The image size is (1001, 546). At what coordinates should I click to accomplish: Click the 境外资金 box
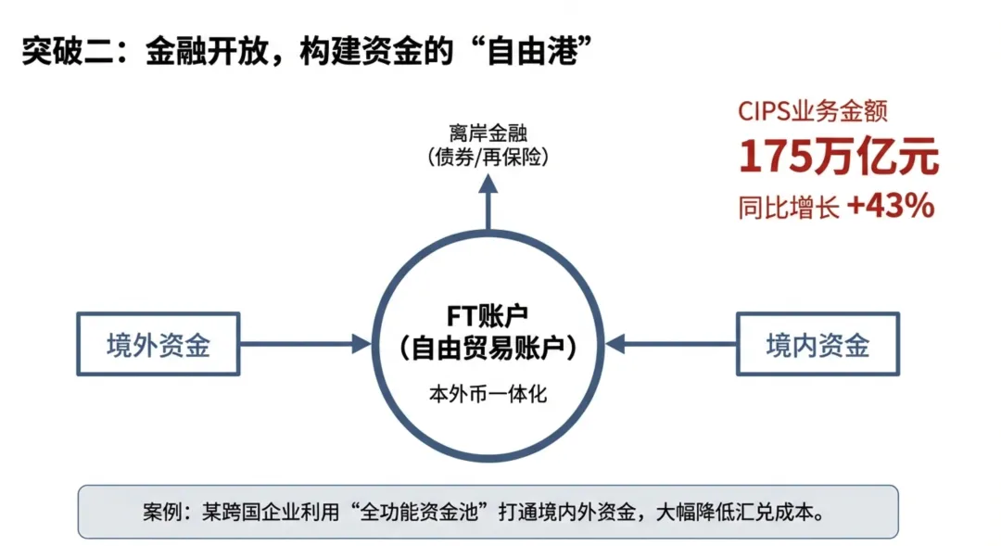pyautogui.click(x=158, y=345)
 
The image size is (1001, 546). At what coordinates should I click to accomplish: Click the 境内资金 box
pyautogui.click(x=817, y=345)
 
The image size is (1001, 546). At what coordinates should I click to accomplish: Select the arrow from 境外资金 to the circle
pyautogui.click(x=306, y=345)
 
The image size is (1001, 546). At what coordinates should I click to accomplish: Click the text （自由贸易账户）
pyautogui.click(x=488, y=349)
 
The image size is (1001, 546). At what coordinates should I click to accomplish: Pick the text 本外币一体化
pyautogui.click(x=488, y=393)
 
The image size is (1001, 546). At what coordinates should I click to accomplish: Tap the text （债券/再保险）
pyautogui.click(x=488, y=157)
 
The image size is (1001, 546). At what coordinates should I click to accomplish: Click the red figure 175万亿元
pyautogui.click(x=838, y=158)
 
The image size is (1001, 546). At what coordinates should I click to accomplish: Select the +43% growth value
pyautogui.click(x=890, y=207)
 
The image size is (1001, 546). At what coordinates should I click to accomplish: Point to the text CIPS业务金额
pyautogui.click(x=813, y=111)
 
